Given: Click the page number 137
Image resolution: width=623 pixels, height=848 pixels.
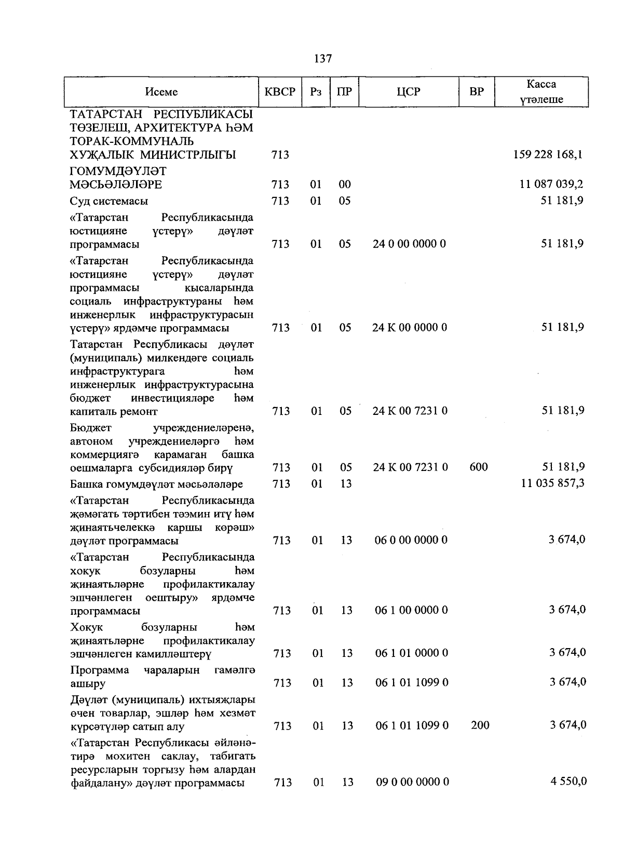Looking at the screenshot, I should pos(323,59).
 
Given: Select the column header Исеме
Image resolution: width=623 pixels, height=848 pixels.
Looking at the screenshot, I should pos(161,92).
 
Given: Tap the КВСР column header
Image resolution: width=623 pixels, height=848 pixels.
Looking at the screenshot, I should pos(280,92).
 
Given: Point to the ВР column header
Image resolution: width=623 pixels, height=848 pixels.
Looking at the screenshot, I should pos(476,92).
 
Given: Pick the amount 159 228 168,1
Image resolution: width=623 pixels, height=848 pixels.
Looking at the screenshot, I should pos(548,154).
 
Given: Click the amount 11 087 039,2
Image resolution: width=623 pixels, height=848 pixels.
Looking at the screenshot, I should pos(551,184).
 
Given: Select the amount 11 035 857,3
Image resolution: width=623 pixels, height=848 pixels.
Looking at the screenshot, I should pos(553,483).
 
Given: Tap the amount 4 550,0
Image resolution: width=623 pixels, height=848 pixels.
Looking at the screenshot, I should pos(568,781).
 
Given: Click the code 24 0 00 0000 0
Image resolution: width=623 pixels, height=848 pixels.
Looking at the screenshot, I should pos(409,244).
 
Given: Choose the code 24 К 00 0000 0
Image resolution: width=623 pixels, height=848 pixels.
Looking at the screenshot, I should pos(410,327).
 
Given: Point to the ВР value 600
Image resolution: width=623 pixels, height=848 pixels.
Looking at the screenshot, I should pos(478,467).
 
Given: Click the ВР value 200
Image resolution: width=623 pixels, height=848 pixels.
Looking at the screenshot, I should pos(480,725).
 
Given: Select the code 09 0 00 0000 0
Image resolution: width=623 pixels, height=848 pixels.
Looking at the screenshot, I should pos(413,782).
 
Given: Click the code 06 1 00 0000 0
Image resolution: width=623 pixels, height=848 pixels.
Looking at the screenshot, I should pos(411,610).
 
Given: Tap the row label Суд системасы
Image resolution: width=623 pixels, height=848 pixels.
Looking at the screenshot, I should pos(109,201).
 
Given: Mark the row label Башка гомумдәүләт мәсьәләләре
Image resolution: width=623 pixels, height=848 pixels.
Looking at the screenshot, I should pos(156,484).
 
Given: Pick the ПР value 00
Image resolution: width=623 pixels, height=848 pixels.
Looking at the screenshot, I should pos(345,184).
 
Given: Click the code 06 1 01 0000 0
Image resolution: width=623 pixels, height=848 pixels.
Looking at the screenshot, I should pos(412,653).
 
